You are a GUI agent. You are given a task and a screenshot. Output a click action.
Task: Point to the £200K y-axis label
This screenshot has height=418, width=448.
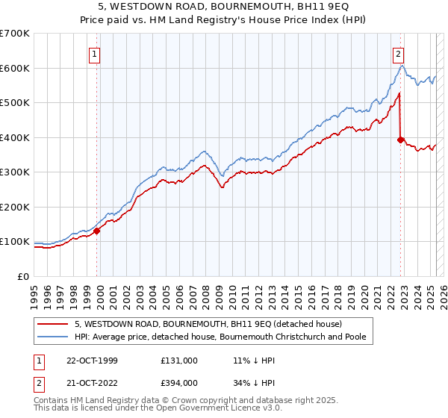pyautogui.click(x=15, y=207)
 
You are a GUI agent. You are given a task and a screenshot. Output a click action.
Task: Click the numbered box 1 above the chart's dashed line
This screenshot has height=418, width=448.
pyautogui.click(x=96, y=54)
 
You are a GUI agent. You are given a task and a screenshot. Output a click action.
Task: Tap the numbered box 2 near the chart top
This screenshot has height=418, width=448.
pyautogui.click(x=399, y=54)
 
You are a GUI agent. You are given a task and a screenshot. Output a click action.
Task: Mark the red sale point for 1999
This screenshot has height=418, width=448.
pyautogui.click(x=97, y=231)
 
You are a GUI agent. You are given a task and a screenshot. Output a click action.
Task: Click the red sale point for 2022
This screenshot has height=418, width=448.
pyautogui.click(x=401, y=140)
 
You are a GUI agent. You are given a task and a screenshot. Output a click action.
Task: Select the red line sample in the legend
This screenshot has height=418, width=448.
pyautogui.click(x=53, y=325)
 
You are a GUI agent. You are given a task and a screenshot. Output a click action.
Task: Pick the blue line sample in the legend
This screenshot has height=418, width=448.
pyautogui.click(x=53, y=337)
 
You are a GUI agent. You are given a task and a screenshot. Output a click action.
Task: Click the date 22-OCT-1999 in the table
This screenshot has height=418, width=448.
pyautogui.click(x=90, y=361)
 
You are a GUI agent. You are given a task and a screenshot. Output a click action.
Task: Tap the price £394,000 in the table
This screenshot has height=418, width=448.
pyautogui.click(x=179, y=382)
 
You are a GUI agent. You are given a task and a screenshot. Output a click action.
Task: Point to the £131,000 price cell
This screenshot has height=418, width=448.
pyautogui.click(x=179, y=361)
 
